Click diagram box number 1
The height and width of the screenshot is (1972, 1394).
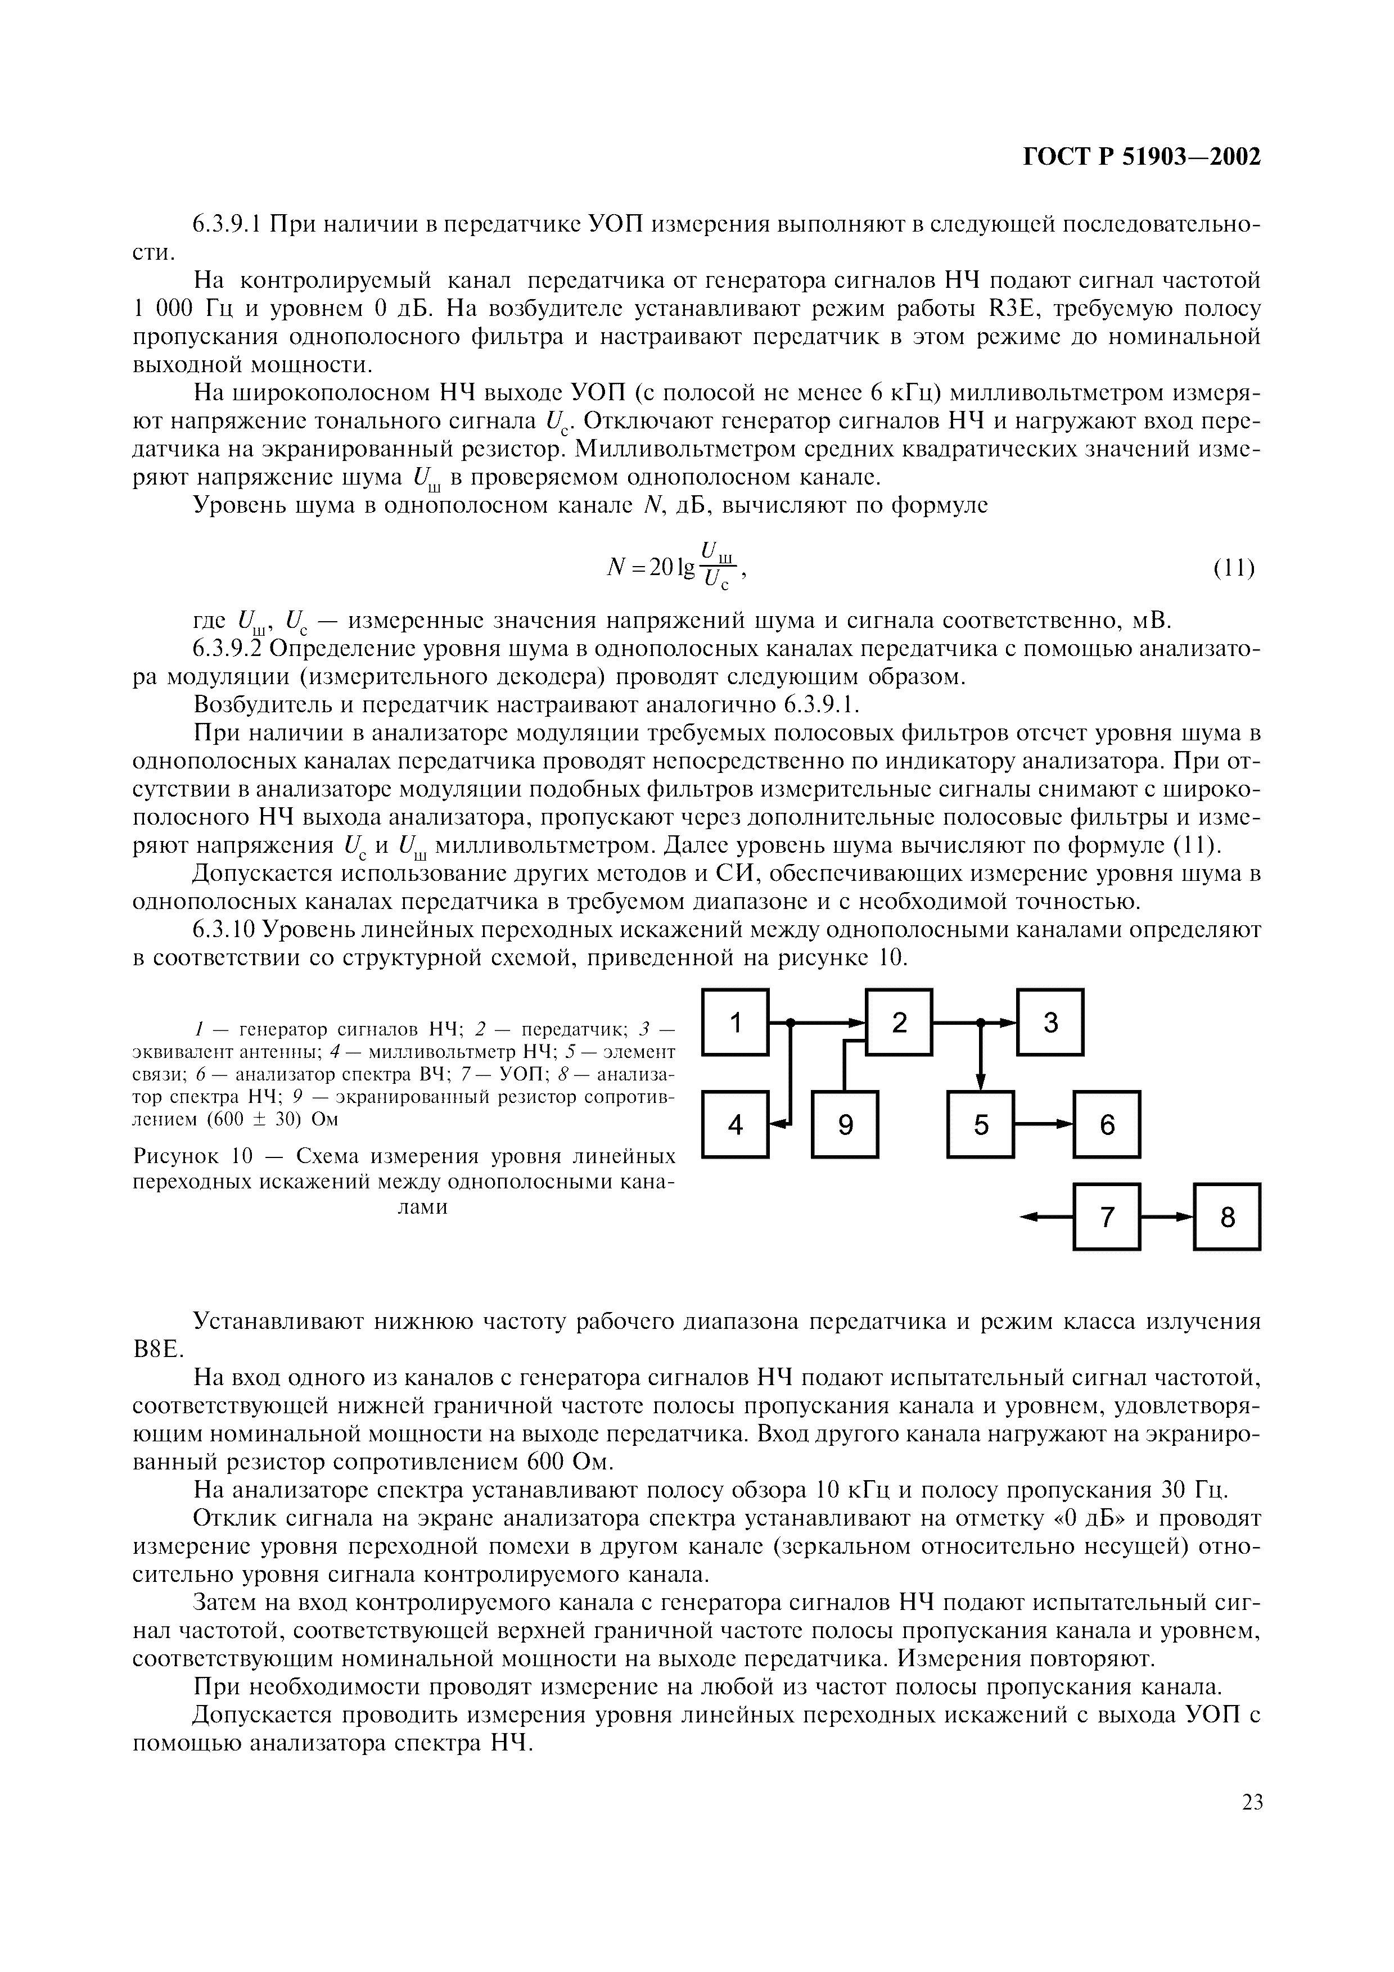pyautogui.click(x=735, y=1022)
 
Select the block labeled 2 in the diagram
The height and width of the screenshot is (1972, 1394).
pyautogui.click(x=899, y=1022)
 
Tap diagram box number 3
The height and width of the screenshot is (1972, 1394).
pyautogui.click(x=1050, y=1022)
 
